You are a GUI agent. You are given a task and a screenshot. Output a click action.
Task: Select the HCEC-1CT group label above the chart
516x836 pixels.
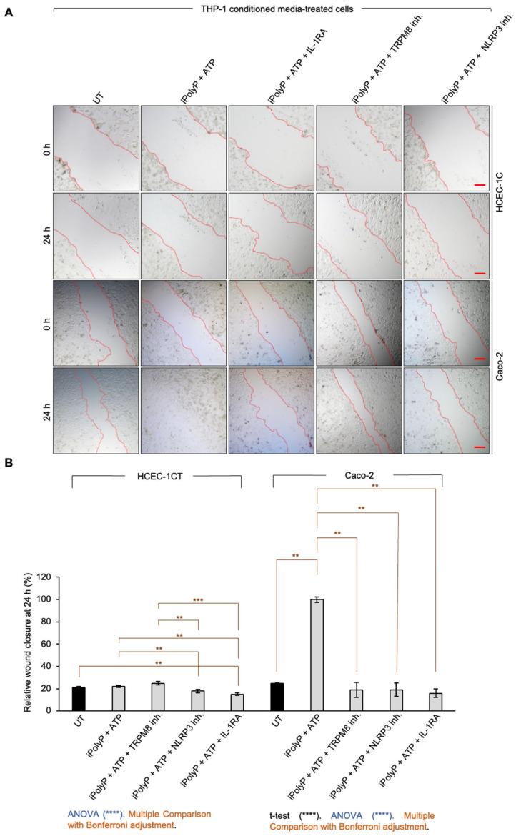click(x=157, y=477)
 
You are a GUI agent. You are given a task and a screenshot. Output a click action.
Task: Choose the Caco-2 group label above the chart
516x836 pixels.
click(x=357, y=477)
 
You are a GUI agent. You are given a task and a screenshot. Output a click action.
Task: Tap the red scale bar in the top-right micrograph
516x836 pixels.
click(x=480, y=183)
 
